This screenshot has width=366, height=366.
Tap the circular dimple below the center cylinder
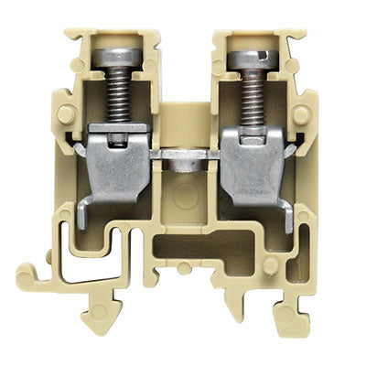coord(183,194)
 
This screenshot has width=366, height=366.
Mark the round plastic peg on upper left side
coord(67,114)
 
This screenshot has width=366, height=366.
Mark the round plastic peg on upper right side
coord(302,114)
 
